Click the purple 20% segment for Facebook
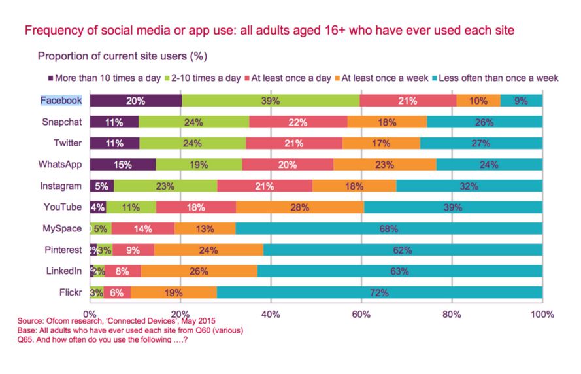click(x=135, y=101)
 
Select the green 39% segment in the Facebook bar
click(x=271, y=101)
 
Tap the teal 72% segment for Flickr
click(x=379, y=292)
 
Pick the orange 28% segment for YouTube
click(x=300, y=207)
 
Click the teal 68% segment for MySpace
click(x=389, y=228)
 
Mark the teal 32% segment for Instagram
click(x=469, y=186)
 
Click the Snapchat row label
click(x=62, y=122)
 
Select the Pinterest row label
click(x=63, y=250)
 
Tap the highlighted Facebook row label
click(x=61, y=101)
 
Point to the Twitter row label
click(x=68, y=143)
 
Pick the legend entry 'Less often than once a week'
click(x=499, y=78)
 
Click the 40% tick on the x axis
click(x=271, y=314)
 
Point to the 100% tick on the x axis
click(x=542, y=314)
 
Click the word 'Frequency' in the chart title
click(x=54, y=30)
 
